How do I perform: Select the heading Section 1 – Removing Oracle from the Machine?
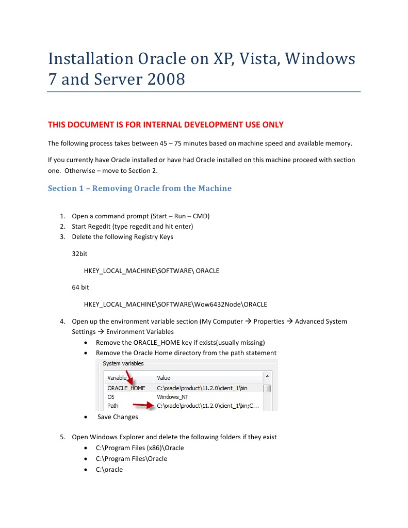point(140,188)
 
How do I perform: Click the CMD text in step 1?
point(199,216)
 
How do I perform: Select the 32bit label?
point(80,254)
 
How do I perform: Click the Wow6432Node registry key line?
point(175,304)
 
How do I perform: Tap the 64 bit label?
point(80,287)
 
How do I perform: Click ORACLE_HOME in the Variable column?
point(126,388)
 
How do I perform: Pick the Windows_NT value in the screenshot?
point(172,397)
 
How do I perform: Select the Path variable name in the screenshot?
point(112,406)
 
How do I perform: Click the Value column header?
point(164,378)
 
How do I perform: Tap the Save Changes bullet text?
point(118,417)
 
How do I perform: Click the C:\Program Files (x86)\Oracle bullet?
point(140,448)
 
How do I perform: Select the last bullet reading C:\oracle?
point(109,470)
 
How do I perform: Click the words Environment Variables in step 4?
point(140,332)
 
